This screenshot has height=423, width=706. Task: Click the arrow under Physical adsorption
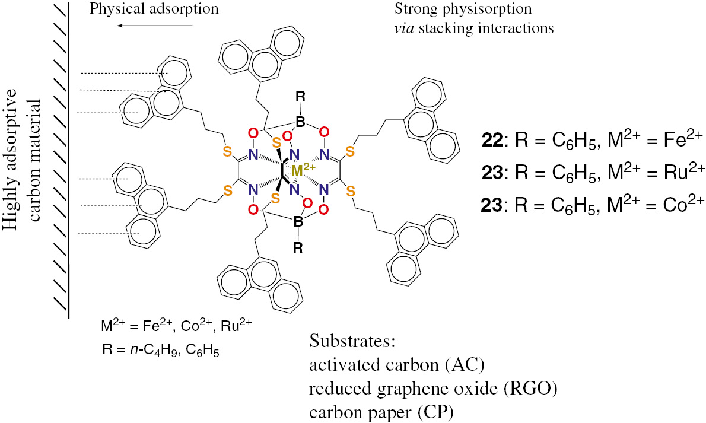(x=155, y=26)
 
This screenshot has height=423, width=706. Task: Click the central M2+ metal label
(x=304, y=171)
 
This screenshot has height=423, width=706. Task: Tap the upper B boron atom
(x=301, y=122)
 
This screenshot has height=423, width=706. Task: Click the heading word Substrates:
(x=352, y=342)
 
